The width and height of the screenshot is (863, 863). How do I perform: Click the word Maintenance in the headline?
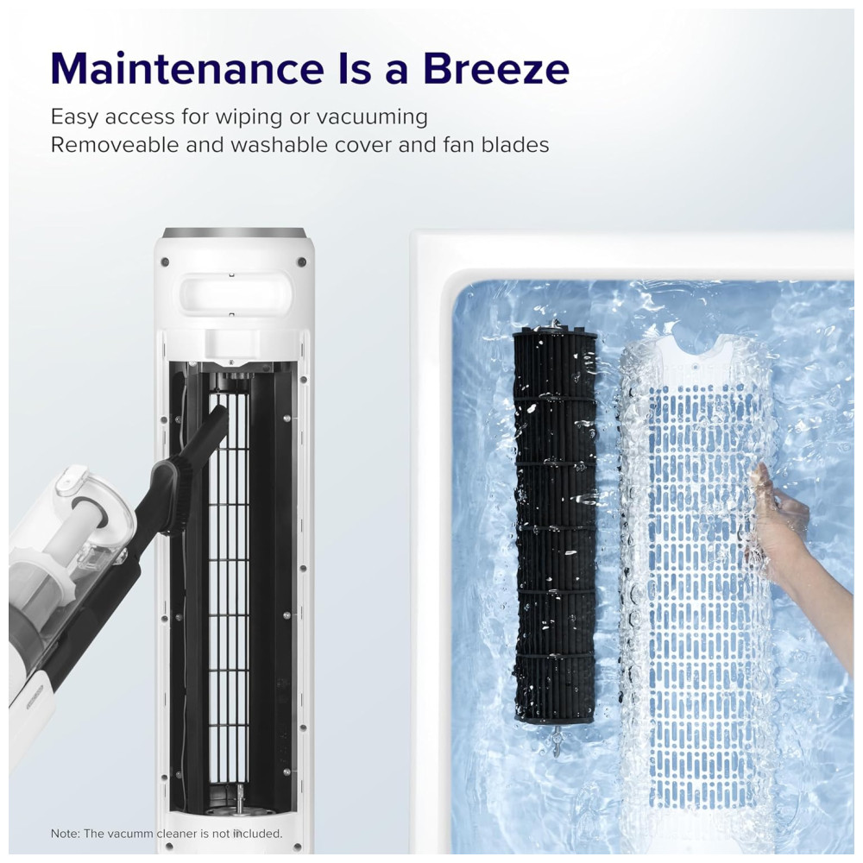pos(187,68)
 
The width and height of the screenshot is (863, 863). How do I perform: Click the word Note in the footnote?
pos(65,834)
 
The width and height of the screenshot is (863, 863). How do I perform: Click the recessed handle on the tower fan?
pos(235,292)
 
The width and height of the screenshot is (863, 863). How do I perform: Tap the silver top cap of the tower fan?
pos(235,232)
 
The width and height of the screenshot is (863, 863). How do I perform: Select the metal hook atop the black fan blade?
pos(555,324)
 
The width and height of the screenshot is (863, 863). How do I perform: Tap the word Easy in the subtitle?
pos(73,117)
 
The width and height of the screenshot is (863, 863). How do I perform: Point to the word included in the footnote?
pos(256,834)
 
